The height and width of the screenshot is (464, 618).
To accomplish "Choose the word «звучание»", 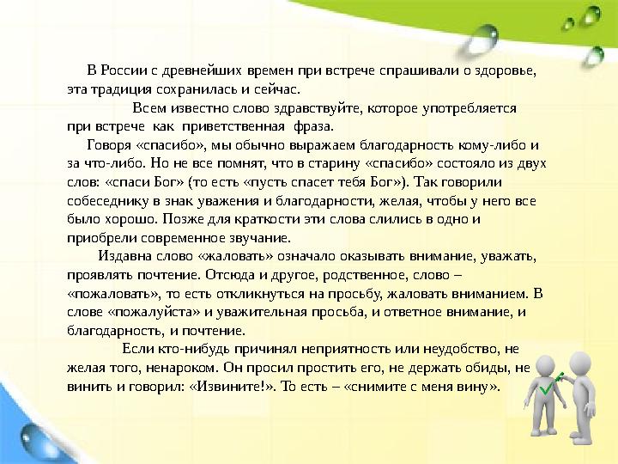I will pos(260,238).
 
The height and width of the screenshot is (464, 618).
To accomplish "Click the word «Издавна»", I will pos(128,256).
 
